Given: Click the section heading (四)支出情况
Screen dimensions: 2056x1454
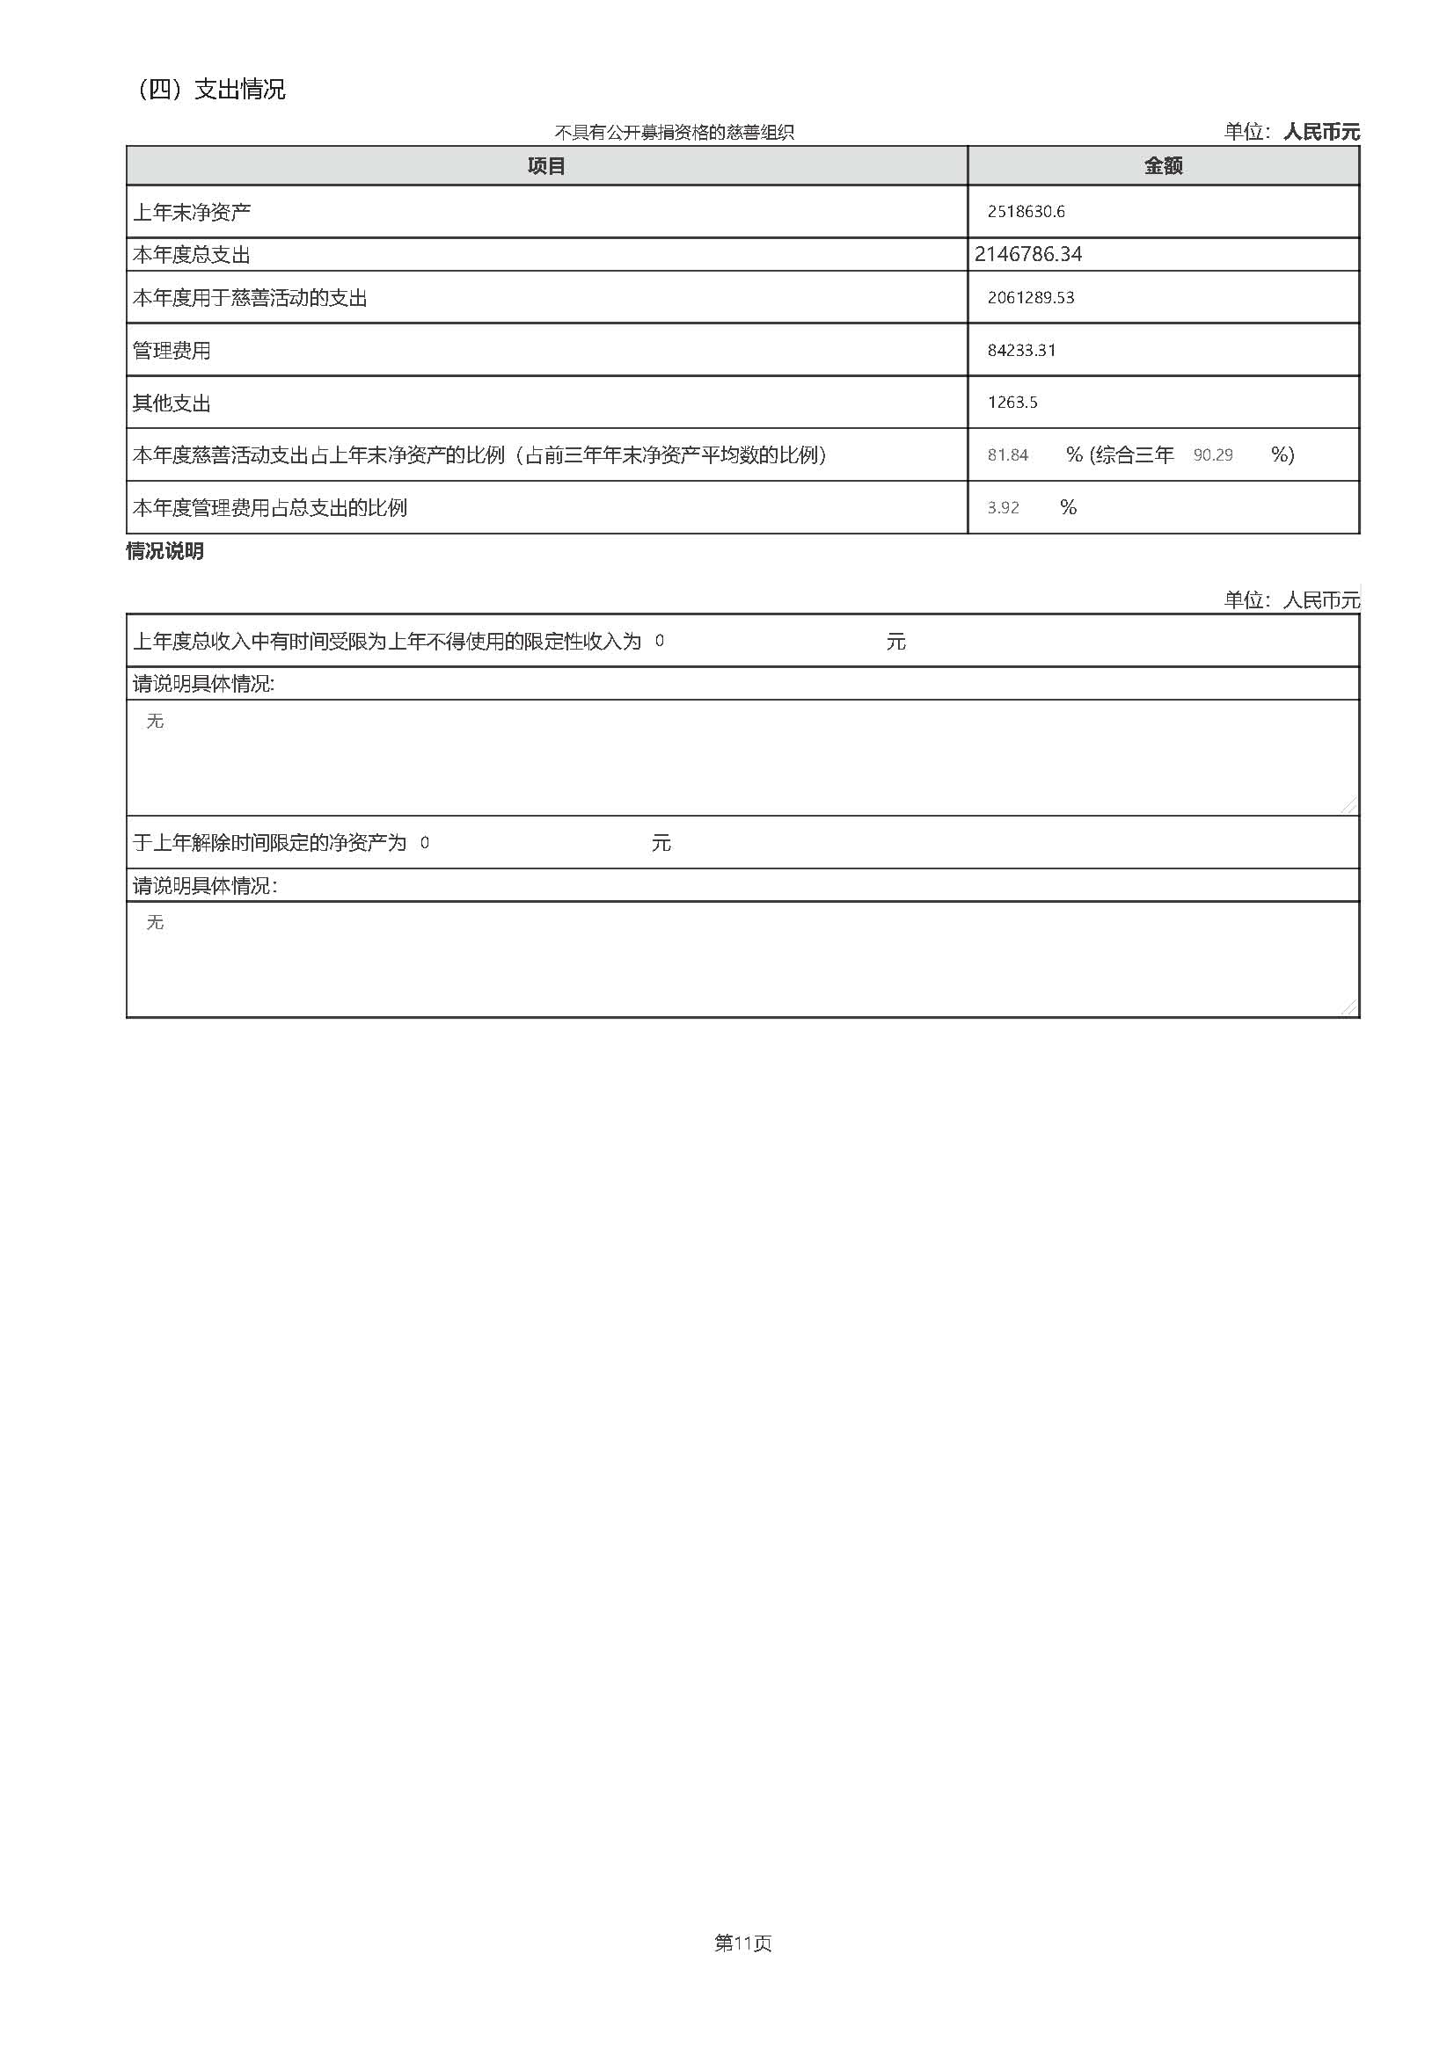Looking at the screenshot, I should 211,90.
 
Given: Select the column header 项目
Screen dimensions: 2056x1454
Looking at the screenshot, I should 545,166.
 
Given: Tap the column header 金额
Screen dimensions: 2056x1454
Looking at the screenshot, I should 1163,166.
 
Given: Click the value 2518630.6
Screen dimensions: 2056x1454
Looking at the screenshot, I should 1026,212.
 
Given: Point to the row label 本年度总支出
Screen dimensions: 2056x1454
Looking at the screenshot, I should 192,255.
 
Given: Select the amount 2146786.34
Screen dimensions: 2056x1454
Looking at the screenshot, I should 1027,254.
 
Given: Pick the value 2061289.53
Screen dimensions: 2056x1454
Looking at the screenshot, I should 1030,298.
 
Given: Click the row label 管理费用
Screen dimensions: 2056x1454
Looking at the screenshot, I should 172,351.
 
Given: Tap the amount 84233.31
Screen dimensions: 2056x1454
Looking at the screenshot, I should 1021,351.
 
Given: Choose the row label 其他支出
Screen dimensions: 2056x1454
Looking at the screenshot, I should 172,403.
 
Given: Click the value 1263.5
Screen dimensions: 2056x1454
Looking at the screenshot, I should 1012,403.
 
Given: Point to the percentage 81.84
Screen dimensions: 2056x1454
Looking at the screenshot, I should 1007,456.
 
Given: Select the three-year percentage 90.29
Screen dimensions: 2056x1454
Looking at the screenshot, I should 1212,456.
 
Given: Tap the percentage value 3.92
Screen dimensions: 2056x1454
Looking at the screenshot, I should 1003,509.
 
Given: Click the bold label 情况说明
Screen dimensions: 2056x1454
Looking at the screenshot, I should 164,552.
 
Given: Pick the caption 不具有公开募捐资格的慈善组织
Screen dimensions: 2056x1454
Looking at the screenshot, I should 674,134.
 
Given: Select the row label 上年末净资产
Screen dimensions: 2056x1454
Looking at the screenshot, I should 192,213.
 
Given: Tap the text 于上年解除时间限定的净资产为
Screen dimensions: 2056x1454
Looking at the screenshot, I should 270,844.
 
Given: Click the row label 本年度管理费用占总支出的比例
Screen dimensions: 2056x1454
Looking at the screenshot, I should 270,509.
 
